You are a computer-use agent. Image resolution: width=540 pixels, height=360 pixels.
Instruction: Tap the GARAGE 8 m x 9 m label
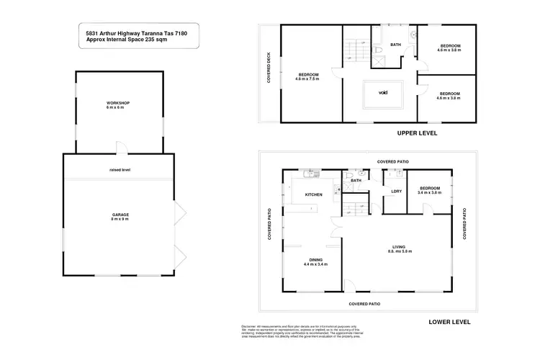120,217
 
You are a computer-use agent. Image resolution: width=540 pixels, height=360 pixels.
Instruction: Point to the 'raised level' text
120,170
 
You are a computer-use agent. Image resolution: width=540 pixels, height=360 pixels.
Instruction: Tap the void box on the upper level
382,92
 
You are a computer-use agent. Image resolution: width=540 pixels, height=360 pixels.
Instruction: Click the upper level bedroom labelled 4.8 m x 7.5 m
310,77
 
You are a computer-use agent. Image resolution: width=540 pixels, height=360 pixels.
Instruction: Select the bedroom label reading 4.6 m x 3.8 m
450,49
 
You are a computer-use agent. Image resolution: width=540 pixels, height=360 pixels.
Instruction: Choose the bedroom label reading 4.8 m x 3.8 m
449,96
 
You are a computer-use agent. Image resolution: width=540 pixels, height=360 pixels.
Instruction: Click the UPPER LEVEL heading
417,134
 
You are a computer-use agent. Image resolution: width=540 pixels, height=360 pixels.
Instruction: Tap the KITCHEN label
312,195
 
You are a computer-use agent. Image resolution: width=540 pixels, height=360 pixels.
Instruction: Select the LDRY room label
396,192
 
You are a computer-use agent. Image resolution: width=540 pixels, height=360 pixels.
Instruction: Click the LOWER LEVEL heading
449,322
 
